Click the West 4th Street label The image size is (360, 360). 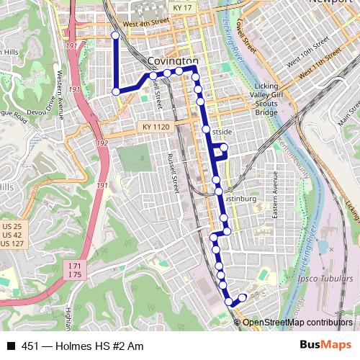[x=145, y=24]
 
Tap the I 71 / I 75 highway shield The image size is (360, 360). [x=75, y=270]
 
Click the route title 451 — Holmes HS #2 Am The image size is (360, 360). [x=83, y=346]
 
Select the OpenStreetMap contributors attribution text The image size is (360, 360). [x=297, y=323]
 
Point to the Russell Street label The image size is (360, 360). [x=172, y=173]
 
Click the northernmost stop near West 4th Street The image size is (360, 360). [x=115, y=35]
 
